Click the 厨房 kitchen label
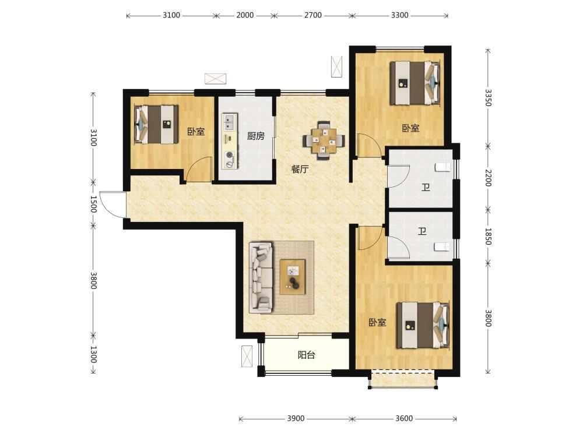[256, 136]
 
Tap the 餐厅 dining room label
[300, 169]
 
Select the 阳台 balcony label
[307, 355]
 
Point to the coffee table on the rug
[293, 277]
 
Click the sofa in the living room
[261, 276]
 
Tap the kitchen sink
[229, 122]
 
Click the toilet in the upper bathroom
[443, 167]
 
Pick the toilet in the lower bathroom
[442, 246]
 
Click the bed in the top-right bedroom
[415, 83]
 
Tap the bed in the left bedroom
[156, 125]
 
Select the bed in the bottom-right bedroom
[423, 325]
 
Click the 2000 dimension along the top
[245, 15]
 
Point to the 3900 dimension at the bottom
[296, 418]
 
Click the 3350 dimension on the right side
[488, 97]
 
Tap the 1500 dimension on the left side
[93, 204]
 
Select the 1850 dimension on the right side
[488, 237]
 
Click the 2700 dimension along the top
[313, 15]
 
